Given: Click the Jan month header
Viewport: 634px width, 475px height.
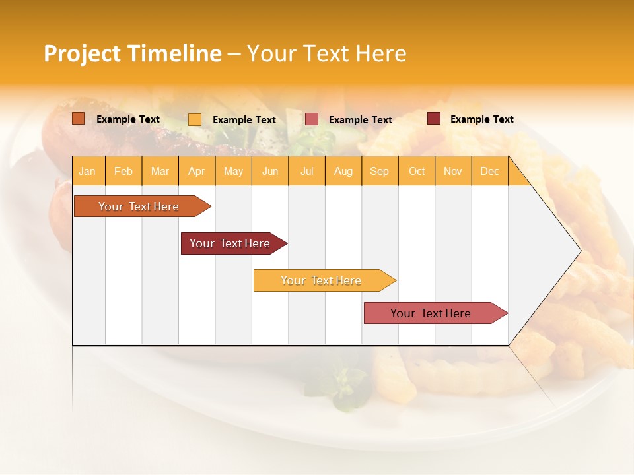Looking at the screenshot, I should tap(88, 171).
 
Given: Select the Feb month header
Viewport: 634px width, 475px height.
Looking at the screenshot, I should tap(123, 171).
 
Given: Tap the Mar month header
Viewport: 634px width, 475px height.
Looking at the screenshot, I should tap(160, 171).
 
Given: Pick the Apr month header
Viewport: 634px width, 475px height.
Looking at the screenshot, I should tap(197, 171).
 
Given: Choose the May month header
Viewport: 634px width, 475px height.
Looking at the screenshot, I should tap(233, 171).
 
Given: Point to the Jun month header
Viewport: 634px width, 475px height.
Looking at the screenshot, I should tap(270, 171).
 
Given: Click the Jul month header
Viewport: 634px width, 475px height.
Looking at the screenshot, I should tap(306, 171).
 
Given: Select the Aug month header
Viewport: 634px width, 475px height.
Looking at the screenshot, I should tap(343, 171).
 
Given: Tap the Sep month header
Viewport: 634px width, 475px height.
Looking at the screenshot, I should tap(380, 171).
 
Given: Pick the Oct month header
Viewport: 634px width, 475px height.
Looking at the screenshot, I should tap(417, 171).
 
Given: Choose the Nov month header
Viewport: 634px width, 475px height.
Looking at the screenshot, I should tap(453, 171).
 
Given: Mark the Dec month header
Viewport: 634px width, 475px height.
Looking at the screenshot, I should tap(490, 171).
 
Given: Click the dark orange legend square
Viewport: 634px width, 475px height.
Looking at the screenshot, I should tap(79, 119).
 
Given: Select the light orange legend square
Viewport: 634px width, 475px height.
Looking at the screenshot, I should tap(195, 119).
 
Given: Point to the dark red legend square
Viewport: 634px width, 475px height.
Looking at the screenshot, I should tap(434, 119).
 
